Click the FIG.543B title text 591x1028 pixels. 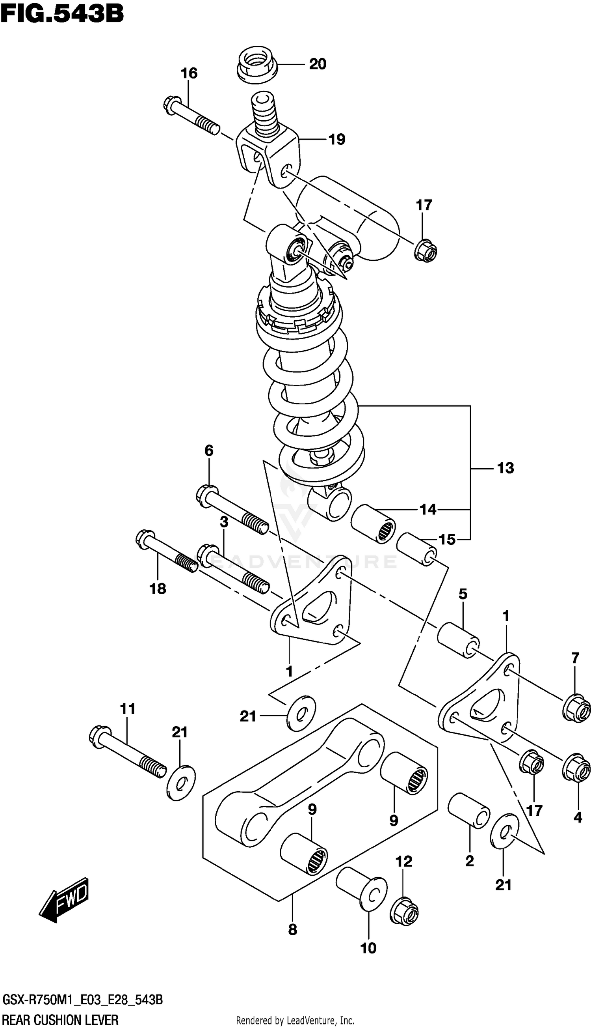pyautogui.click(x=62, y=14)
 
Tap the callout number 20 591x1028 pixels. pyautogui.click(x=318, y=64)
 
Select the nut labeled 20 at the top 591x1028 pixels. pyautogui.click(x=257, y=65)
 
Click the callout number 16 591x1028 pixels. pyautogui.click(x=189, y=73)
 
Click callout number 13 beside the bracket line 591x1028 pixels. pyautogui.click(x=506, y=468)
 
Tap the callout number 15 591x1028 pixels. pyautogui.click(x=447, y=540)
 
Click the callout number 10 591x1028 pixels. pyautogui.click(x=368, y=948)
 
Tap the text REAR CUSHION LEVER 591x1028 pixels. pyautogui.click(x=61, y=1020)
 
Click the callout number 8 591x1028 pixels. pyautogui.click(x=292, y=930)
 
